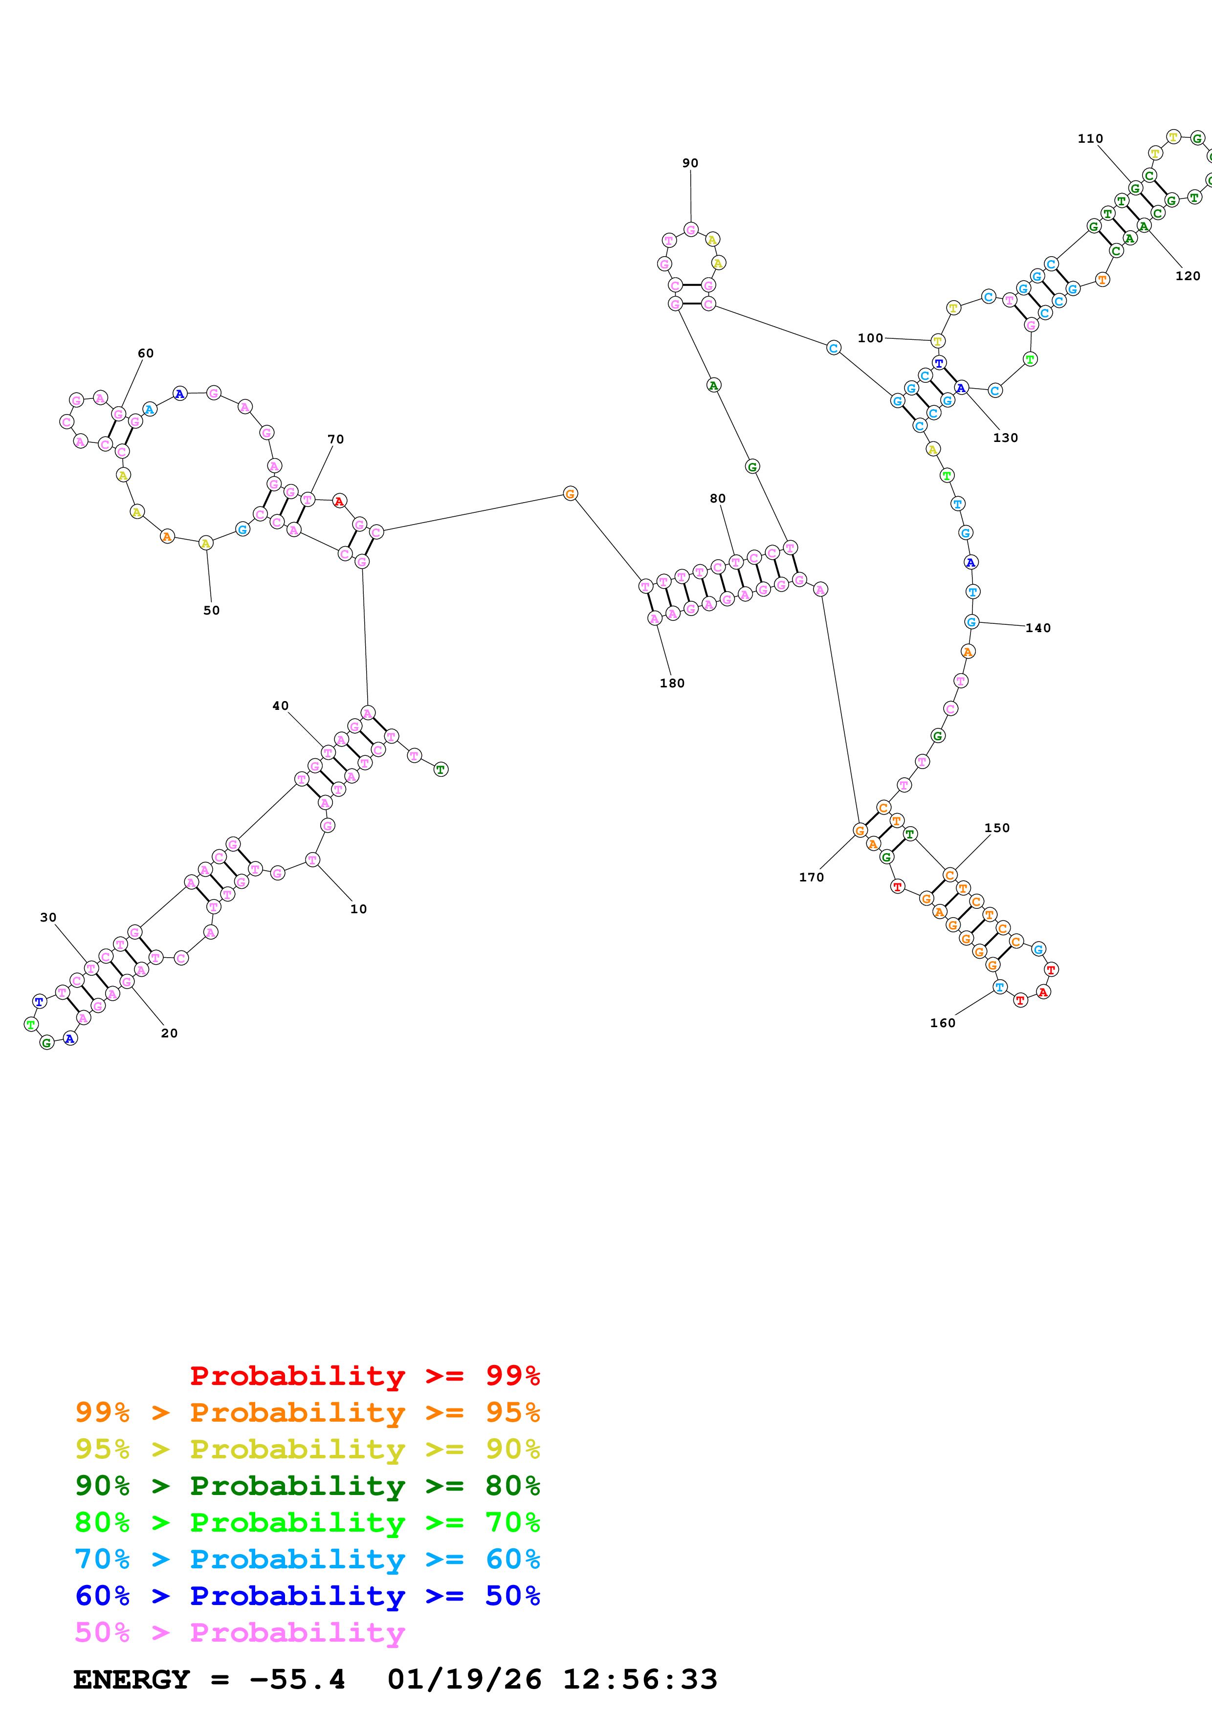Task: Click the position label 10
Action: pos(358,909)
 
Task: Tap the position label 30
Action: pos(48,917)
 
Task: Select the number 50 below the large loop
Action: pos(211,610)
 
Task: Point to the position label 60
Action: pos(146,353)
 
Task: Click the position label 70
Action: pos(336,439)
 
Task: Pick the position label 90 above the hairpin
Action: pos(690,163)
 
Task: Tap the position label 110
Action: pos(1090,138)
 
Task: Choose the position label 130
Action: pos(1005,438)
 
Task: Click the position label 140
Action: pos(1038,628)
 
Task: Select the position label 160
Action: pos(943,1023)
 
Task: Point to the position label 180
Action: pos(672,682)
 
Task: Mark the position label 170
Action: pos(812,877)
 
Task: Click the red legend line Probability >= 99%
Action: pos(364,1375)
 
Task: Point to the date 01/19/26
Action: pos(464,1679)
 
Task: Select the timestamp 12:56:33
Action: pos(640,1679)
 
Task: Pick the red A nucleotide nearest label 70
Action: pos(339,501)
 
